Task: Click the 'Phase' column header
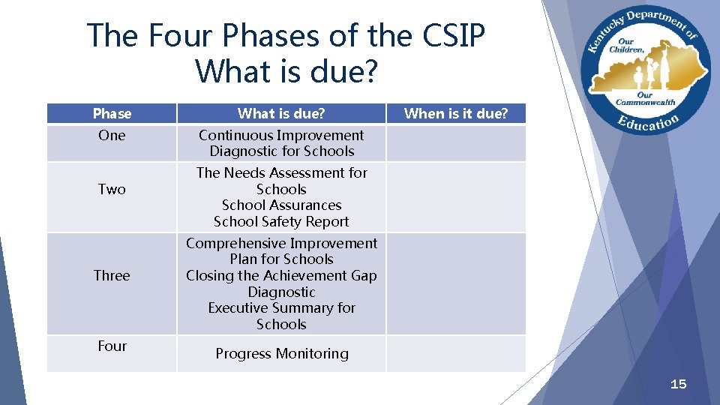tap(112, 114)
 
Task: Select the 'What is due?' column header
tap(281, 114)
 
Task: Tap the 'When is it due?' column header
tap(456, 114)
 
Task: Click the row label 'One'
tap(112, 136)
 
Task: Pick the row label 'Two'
tap(112, 190)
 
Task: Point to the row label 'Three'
tap(112, 276)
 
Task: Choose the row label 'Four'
tap(112, 346)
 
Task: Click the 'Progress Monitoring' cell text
tap(282, 354)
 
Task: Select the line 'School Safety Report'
tap(281, 222)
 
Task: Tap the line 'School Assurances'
tap(281, 205)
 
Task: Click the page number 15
tap(678, 385)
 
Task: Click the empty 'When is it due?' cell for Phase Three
tap(456, 283)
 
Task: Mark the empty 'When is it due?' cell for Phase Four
tap(456, 354)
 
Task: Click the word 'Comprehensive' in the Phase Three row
tap(232, 244)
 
